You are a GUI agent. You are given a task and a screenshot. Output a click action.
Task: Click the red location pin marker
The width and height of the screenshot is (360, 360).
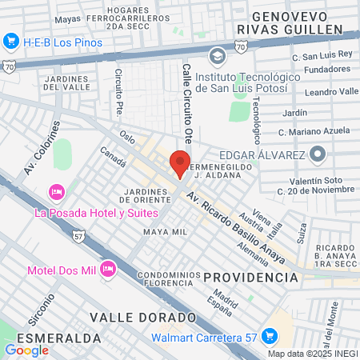coord(180,163)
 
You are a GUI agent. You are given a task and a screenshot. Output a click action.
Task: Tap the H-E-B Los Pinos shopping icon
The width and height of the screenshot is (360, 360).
coord(11,40)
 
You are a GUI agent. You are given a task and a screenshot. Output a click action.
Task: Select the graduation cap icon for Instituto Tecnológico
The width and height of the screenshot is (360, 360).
coord(216,56)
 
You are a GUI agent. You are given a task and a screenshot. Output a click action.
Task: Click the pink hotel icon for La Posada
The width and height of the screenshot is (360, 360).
coord(56,192)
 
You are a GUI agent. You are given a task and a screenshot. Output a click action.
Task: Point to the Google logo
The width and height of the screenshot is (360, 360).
coord(26,350)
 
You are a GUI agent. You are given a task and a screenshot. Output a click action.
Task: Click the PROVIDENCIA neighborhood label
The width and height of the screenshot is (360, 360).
coord(250,277)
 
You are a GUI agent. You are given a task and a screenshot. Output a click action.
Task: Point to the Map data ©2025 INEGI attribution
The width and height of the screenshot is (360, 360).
coord(312,354)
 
